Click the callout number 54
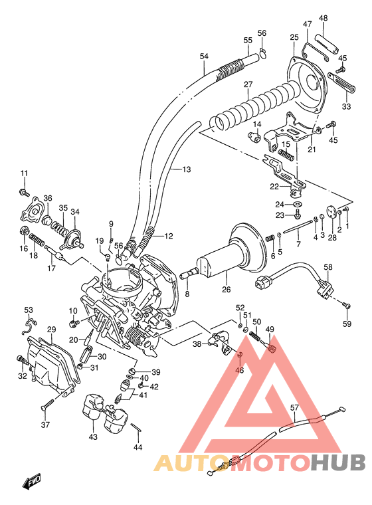(x=203, y=56)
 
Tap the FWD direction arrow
(x=31, y=482)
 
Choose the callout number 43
(x=92, y=437)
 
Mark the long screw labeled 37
(x=49, y=403)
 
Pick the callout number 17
(x=49, y=268)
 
